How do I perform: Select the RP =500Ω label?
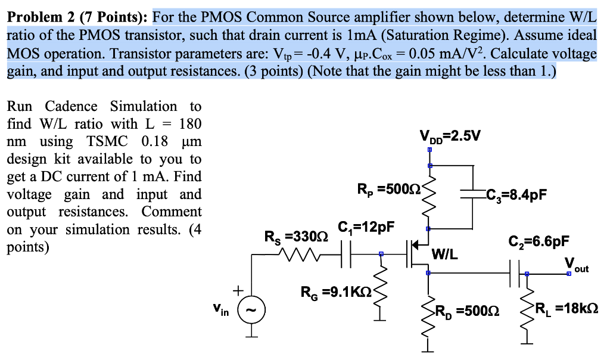coord(388,191)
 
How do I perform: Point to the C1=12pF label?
coord(366,227)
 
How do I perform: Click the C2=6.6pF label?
coord(539,241)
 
